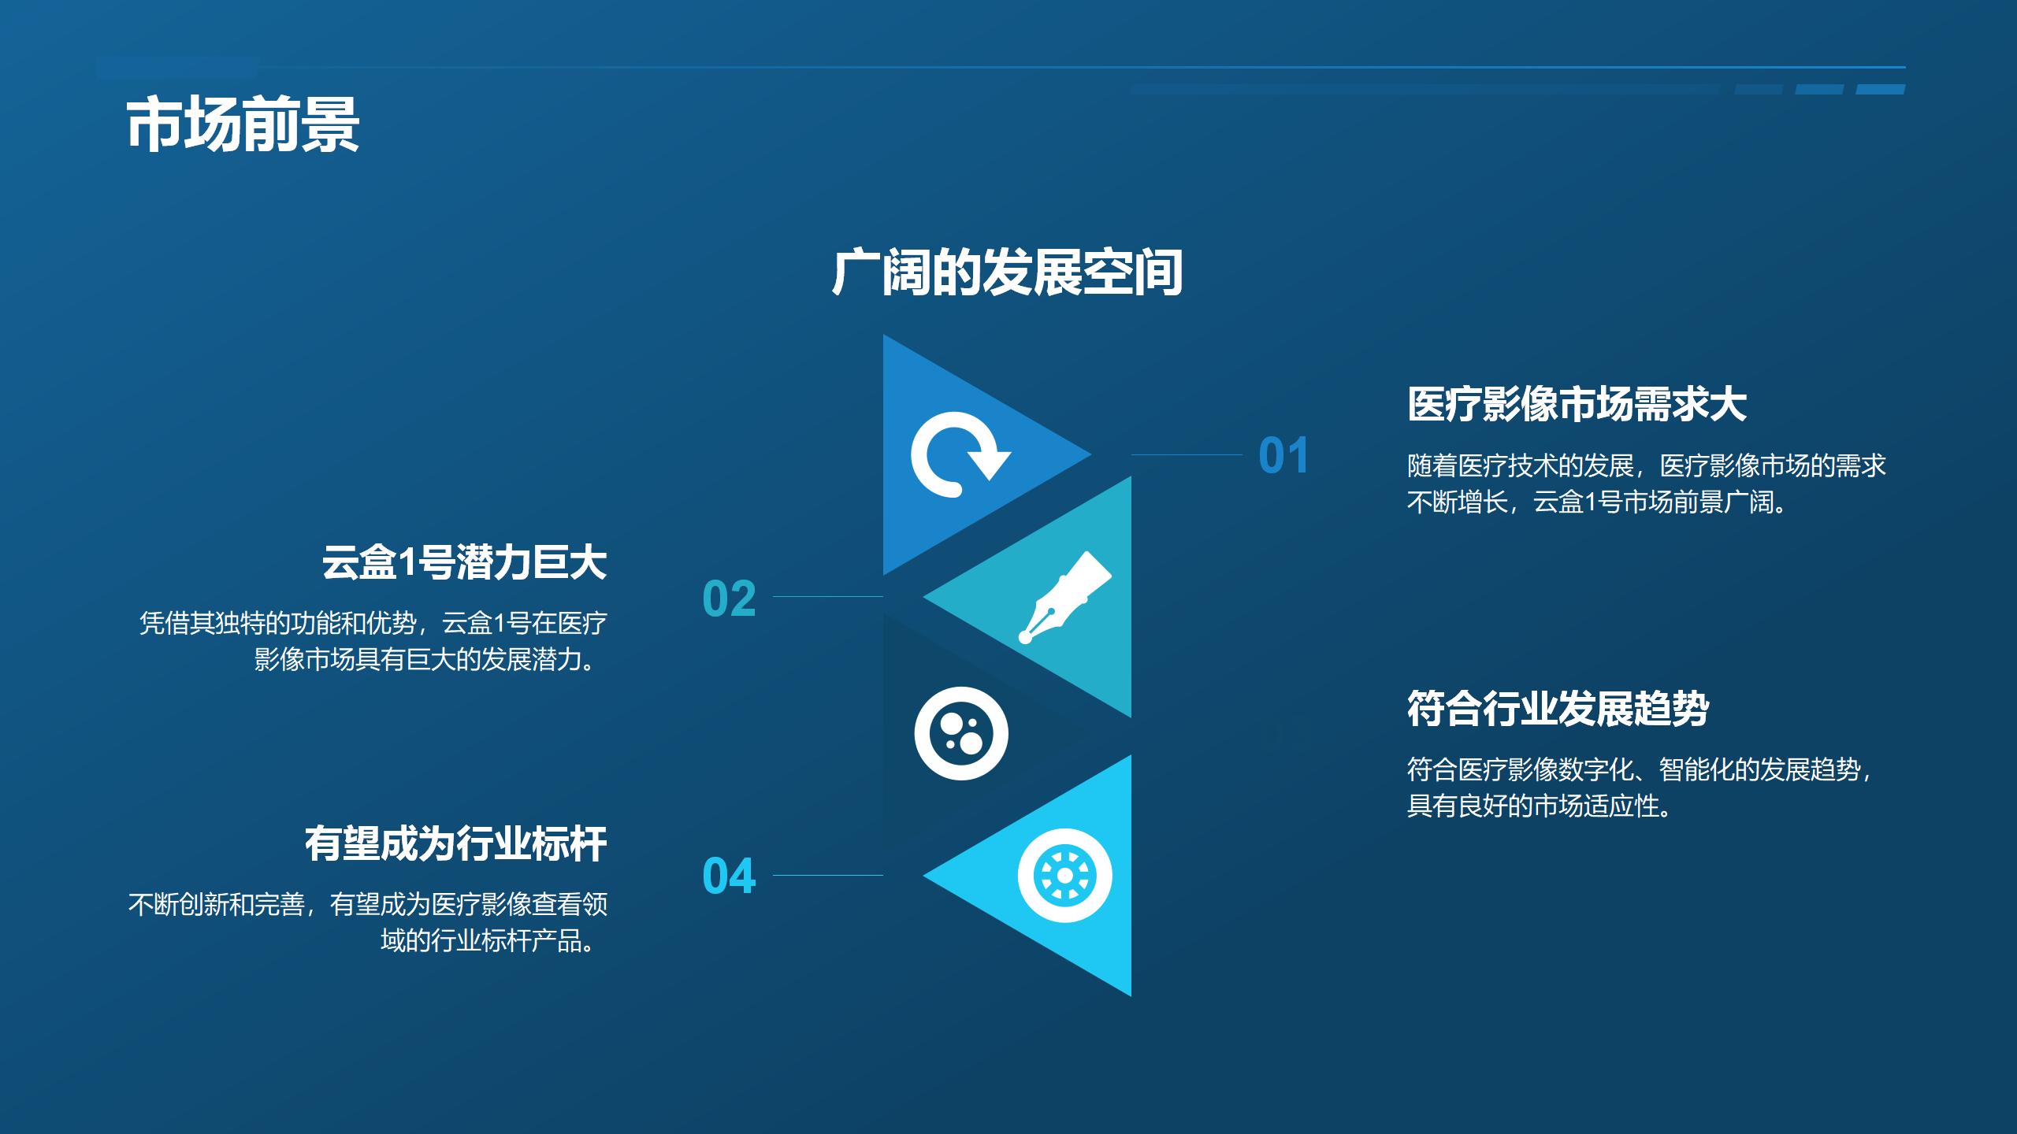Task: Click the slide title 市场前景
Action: pyautogui.click(x=243, y=125)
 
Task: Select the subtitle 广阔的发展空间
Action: pyautogui.click(x=1007, y=272)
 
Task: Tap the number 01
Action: pyautogui.click(x=1283, y=456)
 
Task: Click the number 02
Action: pyautogui.click(x=729, y=598)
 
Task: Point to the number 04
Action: pyautogui.click(x=729, y=876)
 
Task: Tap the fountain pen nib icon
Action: pyautogui.click(x=1064, y=596)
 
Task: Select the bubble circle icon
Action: pyautogui.click(x=960, y=733)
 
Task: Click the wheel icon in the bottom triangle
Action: pyautogui.click(x=1064, y=876)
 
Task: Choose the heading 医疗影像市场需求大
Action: pyautogui.click(x=1577, y=405)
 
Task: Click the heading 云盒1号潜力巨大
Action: pyautogui.click(x=464, y=563)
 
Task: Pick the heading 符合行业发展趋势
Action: pyautogui.click(x=1558, y=709)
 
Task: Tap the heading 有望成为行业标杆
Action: pyautogui.click(x=455, y=844)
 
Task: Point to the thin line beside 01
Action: pyautogui.click(x=1186, y=454)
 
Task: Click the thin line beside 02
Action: pyautogui.click(x=827, y=597)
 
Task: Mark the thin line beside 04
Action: pyautogui.click(x=827, y=875)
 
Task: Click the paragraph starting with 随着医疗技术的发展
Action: pyautogui.click(x=1646, y=484)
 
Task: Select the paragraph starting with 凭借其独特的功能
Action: pyautogui.click(x=373, y=641)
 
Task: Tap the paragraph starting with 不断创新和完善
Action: pyautogui.click(x=368, y=922)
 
